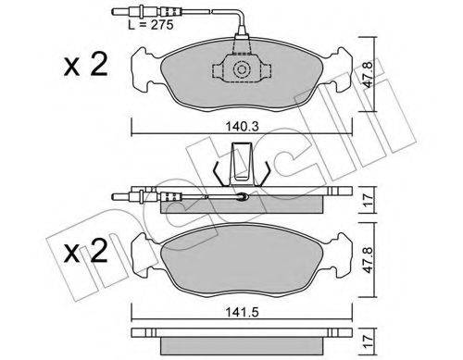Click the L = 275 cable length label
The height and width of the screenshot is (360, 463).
pos(151,25)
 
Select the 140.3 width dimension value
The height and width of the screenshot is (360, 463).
pos(242,127)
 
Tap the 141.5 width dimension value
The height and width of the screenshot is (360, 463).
pos(242,313)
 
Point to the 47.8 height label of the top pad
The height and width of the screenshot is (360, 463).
pos(369,74)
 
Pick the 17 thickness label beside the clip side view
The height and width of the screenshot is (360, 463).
pos(369,200)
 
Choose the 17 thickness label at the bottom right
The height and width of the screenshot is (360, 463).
pos(369,341)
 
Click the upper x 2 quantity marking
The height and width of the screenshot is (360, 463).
pos(85,65)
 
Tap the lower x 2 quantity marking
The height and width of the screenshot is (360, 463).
pos(85,251)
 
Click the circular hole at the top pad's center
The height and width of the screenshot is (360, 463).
pos(241,69)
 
